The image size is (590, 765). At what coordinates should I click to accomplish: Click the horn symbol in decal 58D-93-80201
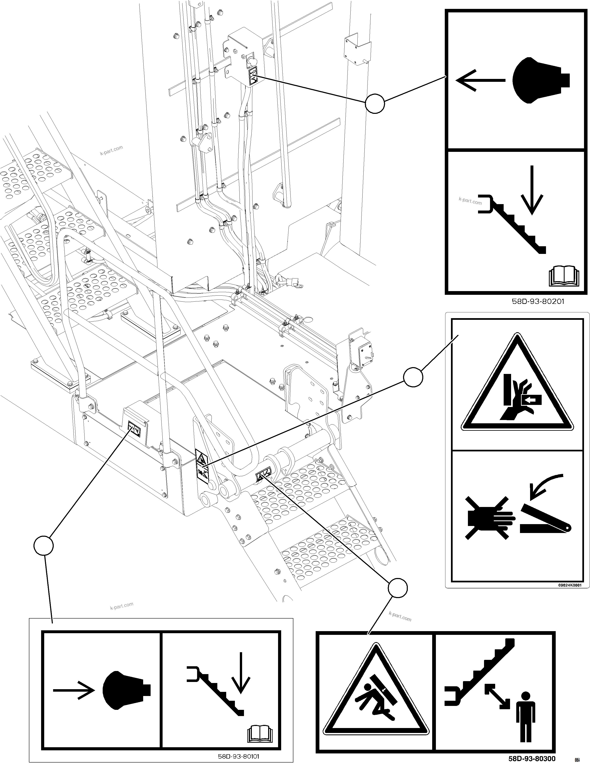tap(541, 80)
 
